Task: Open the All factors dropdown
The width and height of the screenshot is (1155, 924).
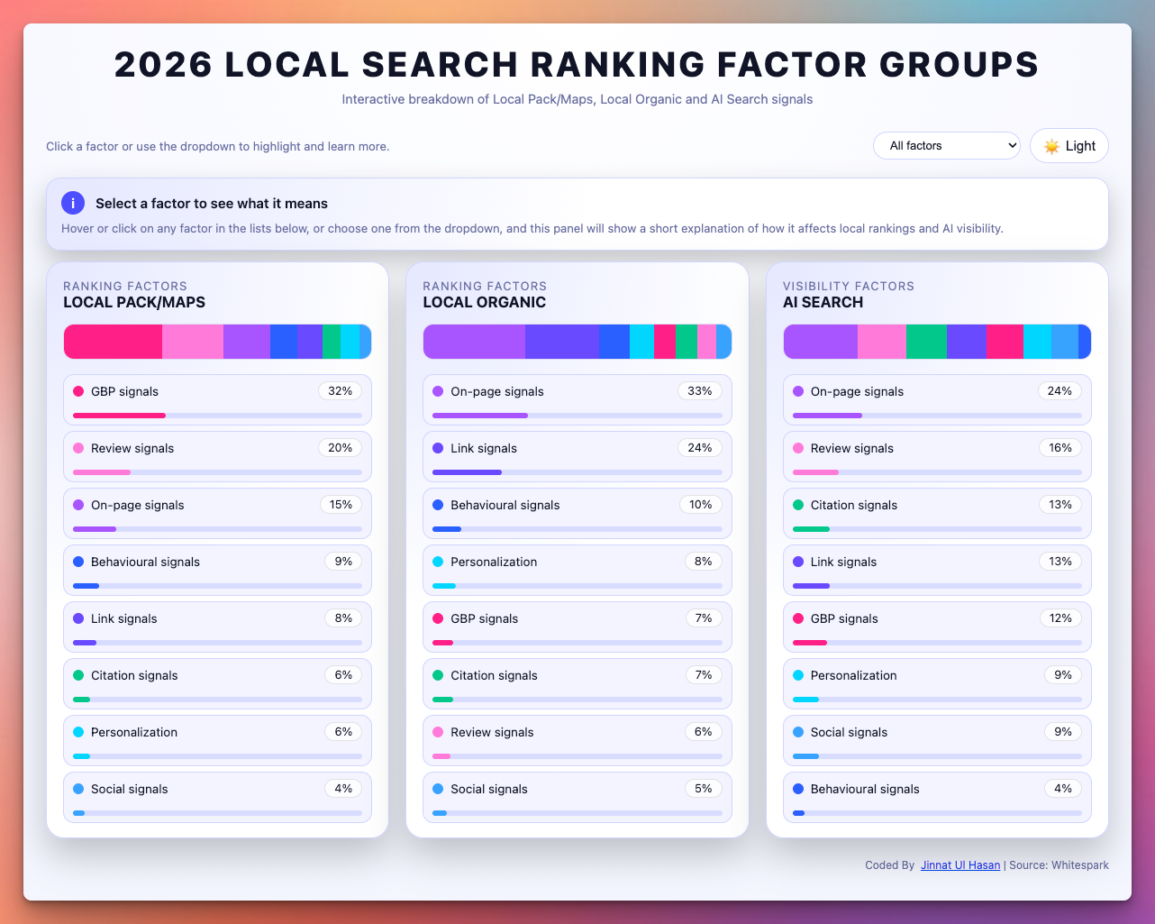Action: point(946,146)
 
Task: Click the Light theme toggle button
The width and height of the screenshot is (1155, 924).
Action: point(1069,146)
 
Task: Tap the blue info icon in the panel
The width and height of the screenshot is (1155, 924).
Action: point(73,203)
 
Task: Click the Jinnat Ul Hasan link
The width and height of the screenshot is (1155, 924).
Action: point(960,865)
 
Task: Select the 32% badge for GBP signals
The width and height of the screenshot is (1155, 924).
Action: point(341,391)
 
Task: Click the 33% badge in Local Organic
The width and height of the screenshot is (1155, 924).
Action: point(700,391)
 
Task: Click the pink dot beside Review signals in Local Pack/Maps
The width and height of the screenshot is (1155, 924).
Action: point(78,448)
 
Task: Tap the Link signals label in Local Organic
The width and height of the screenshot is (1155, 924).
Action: point(484,448)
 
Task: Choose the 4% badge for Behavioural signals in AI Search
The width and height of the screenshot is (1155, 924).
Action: point(1063,789)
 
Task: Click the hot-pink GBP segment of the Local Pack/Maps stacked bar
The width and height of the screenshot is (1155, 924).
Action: point(113,342)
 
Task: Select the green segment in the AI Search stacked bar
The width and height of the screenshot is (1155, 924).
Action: point(926,342)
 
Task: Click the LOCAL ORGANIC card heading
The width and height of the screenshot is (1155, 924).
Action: point(485,303)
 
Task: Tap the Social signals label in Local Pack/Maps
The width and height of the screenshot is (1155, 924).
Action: point(129,789)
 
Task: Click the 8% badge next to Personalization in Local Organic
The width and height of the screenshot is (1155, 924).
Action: point(703,562)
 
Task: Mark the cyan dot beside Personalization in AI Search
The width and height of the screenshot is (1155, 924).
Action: point(798,675)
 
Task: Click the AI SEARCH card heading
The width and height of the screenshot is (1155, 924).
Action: point(823,303)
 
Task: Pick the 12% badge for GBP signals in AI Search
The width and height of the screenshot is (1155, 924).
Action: point(1060,618)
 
